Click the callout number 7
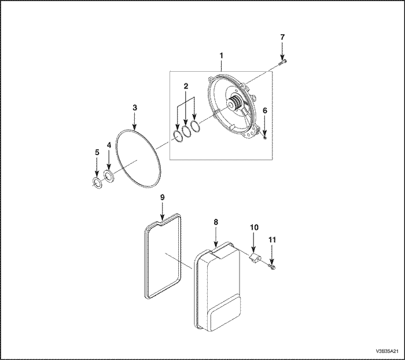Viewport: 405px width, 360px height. (x=282, y=37)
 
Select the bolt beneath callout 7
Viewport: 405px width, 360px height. (x=283, y=62)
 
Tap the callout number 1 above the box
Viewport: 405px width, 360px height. (x=221, y=56)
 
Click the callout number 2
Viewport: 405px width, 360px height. (x=186, y=86)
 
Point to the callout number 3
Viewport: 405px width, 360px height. (x=135, y=108)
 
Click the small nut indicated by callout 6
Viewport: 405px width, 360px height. (x=265, y=138)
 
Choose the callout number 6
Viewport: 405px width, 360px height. (x=265, y=111)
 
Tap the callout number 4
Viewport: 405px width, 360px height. (x=109, y=145)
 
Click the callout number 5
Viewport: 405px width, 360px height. (x=97, y=152)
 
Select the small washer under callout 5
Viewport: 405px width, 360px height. (x=97, y=183)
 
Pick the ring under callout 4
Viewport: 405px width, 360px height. (x=109, y=177)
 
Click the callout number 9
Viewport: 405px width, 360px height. (x=162, y=197)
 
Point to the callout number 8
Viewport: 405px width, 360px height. (x=216, y=222)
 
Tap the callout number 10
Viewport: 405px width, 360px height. (x=254, y=227)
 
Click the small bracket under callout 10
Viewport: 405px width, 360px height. (x=255, y=258)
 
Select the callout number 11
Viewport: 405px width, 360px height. (x=273, y=240)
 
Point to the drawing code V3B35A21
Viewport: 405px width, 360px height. (x=387, y=351)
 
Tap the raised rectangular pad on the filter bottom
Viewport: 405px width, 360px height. (x=226, y=313)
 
